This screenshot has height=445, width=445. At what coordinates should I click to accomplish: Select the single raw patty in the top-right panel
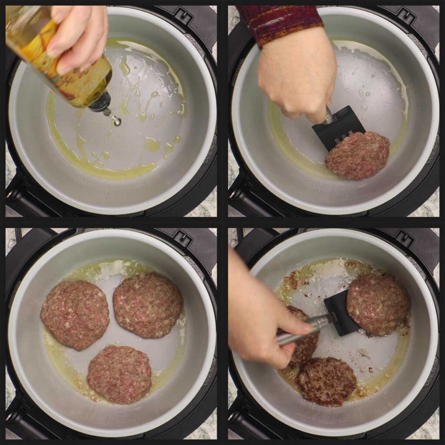pyautogui.click(x=357, y=156)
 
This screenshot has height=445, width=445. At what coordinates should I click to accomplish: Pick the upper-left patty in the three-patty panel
pyautogui.click(x=75, y=314)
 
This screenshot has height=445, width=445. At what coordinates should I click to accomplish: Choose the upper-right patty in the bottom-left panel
pyautogui.click(x=148, y=304)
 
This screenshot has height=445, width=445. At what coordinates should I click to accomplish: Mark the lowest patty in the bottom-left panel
pyautogui.click(x=119, y=374)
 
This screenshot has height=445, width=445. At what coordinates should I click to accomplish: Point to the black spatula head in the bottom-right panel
pyautogui.click(x=341, y=313)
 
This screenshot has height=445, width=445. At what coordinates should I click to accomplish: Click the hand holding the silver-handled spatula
pyautogui.click(x=261, y=317)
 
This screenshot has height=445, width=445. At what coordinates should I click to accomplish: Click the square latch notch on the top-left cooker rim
pyautogui.click(x=183, y=17)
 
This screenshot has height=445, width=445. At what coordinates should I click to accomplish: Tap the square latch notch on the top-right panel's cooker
pyautogui.click(x=406, y=17)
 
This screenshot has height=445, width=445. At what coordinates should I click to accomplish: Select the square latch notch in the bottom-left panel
pyautogui.click(x=183, y=239)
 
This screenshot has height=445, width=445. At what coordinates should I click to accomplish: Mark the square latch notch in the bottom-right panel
pyautogui.click(x=406, y=239)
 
